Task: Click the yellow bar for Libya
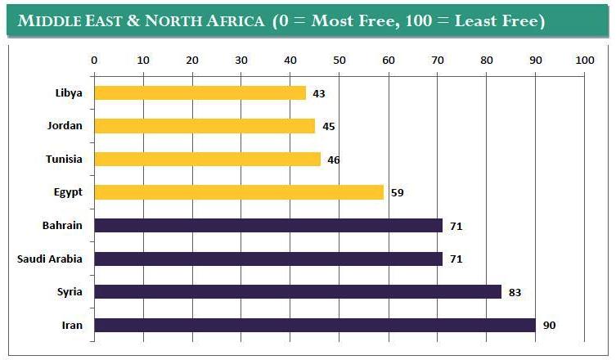pos(200,93)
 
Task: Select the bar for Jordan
pos(205,126)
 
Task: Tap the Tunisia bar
pos(207,159)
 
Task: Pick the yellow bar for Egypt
pos(239,192)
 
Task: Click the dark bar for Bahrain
pos(268,225)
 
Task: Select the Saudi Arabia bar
pos(268,259)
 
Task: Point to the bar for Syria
pos(298,291)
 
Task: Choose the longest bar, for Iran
pos(315,325)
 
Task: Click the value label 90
pos(550,326)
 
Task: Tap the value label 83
pos(515,292)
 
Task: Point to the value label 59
pos(398,193)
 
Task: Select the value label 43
pos(319,94)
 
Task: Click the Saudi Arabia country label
pos(50,259)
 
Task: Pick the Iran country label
pos(72,326)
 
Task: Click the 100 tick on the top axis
pos(584,60)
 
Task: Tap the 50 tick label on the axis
pos(339,60)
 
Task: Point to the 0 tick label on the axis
pos(94,60)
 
